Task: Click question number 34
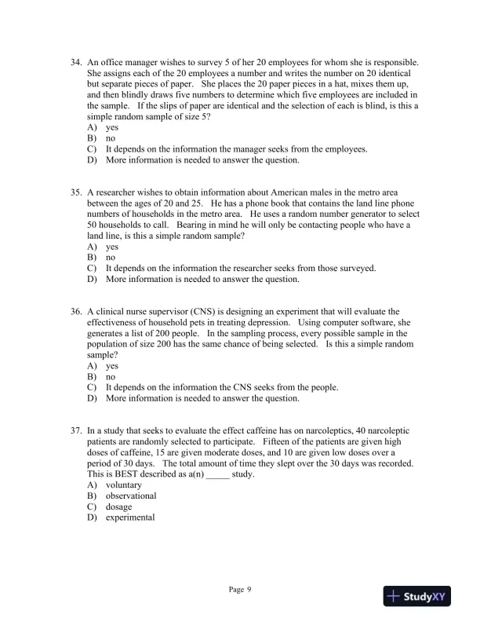[77, 62]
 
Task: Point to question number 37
[77, 431]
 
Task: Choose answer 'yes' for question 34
[111, 127]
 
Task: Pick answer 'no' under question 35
[111, 257]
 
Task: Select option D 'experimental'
[129, 518]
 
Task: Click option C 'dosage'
[118, 507]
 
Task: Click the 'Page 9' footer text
[240, 589]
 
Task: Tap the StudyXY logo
[421, 597]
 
